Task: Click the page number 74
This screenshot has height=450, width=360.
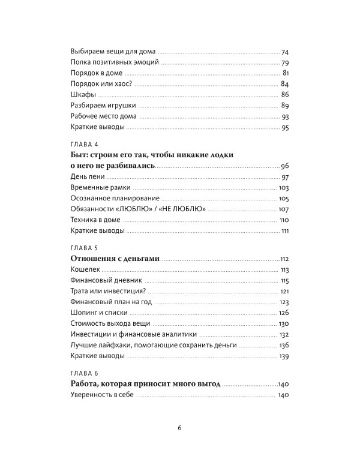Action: coord(285,52)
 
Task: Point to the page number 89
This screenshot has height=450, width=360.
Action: coord(285,105)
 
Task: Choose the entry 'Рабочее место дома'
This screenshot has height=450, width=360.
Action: coord(104,116)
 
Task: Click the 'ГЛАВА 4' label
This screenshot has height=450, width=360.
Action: coord(86,145)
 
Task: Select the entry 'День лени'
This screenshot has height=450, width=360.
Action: coord(88,177)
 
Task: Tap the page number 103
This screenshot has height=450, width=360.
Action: coord(284,188)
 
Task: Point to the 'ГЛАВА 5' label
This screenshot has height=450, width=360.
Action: coord(86,247)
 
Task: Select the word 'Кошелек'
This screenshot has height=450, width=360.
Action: coord(86,269)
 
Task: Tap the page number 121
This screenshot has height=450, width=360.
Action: coord(284,291)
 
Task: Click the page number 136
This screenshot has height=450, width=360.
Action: coord(284,345)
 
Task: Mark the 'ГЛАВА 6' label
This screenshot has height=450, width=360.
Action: coord(86,373)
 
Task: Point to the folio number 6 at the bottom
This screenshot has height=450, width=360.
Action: coord(179,427)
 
